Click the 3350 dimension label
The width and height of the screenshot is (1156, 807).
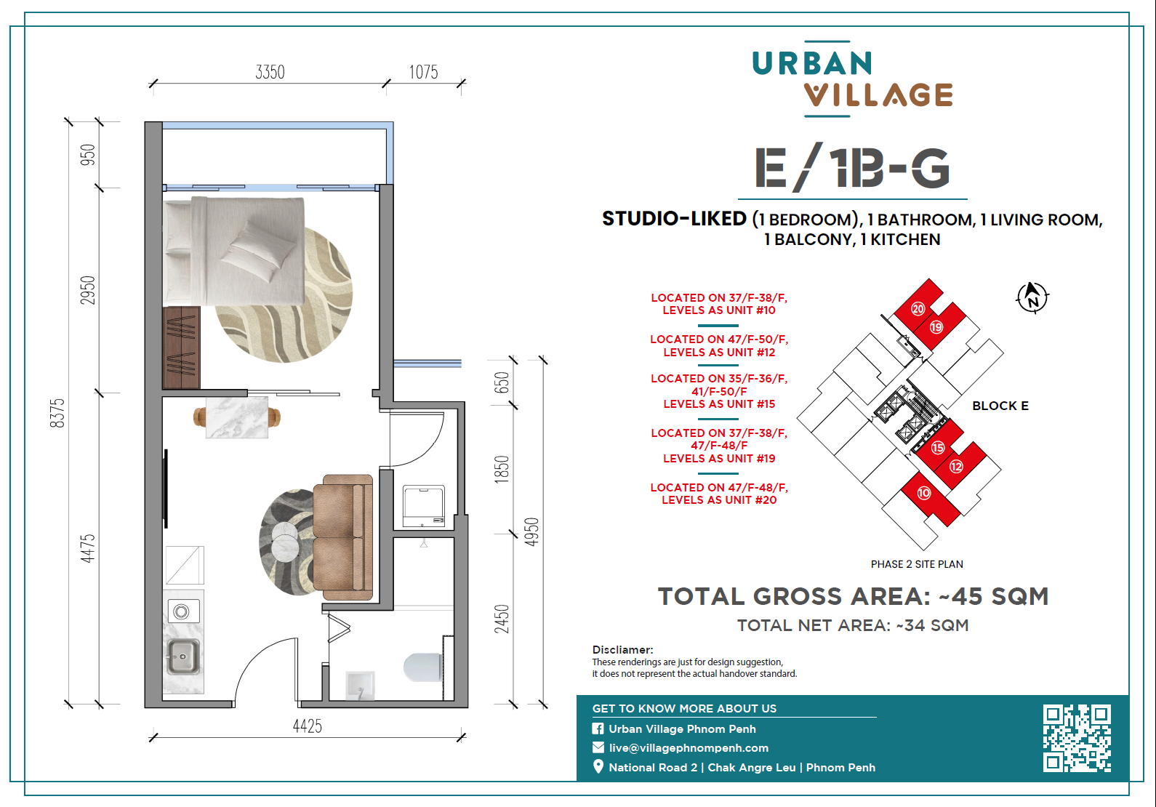tap(270, 72)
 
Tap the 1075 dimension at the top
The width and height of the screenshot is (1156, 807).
tap(423, 72)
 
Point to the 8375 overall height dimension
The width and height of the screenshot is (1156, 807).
tap(57, 413)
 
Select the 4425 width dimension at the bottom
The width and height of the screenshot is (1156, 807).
tap(307, 726)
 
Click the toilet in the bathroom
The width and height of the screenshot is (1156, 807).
tap(422, 667)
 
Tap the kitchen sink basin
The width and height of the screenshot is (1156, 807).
tap(182, 657)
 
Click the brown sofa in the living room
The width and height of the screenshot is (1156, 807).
tap(342, 537)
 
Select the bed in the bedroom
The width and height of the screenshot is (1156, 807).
tap(234, 251)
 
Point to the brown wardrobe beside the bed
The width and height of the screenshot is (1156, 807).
tap(181, 348)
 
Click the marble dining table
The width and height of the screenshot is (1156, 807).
tap(237, 417)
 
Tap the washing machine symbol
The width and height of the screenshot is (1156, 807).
tap(423, 506)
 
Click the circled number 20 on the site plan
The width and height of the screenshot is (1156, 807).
tap(918, 308)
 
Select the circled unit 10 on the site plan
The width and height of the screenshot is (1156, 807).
tap(924, 493)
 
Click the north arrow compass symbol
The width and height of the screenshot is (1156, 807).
tap(1032, 297)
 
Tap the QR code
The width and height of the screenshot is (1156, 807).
tap(1077, 738)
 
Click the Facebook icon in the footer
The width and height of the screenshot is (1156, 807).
tap(598, 728)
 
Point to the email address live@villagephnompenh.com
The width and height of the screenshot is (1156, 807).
tap(689, 747)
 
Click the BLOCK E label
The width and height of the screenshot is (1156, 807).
tap(1000, 406)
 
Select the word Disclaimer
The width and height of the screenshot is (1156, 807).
tap(622, 650)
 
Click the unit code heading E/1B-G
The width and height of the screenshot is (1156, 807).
tap(852, 168)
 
